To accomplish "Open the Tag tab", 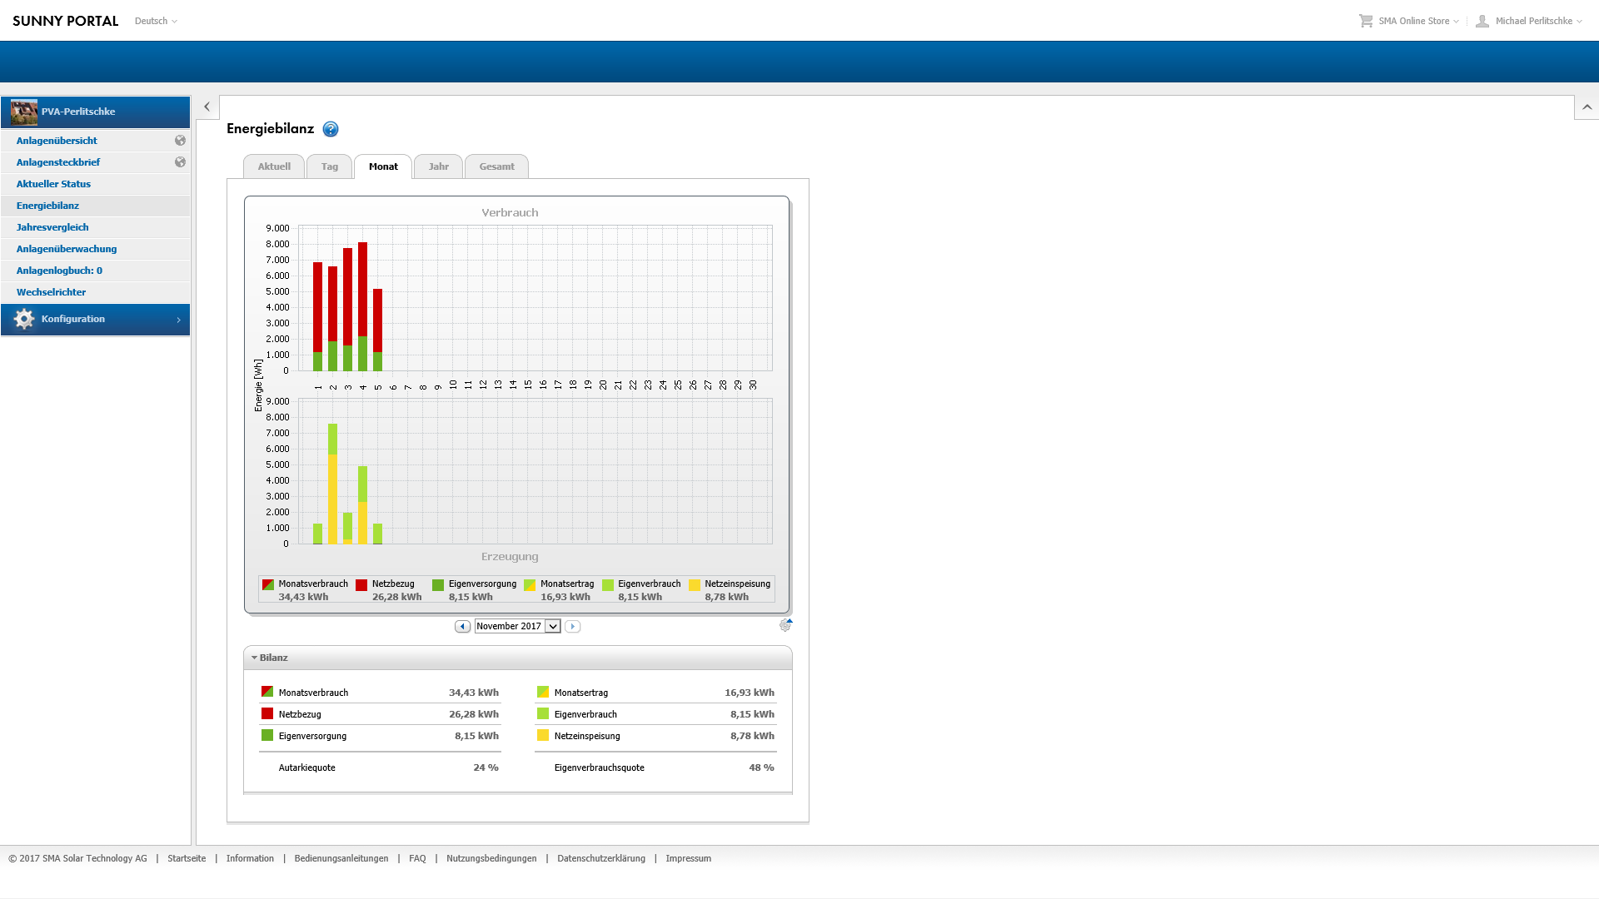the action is pos(330,166).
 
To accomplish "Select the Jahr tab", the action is pos(439,166).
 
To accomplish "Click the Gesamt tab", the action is pos(496,166).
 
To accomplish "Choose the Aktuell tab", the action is pos(274,166).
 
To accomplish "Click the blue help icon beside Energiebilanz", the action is pos(331,129).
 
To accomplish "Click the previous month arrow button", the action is pos(462,626).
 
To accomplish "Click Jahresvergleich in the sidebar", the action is pos(52,227).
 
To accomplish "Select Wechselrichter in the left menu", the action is pos(51,292).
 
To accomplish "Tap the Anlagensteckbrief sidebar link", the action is pos(58,162).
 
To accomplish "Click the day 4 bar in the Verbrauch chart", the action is pos(363,306).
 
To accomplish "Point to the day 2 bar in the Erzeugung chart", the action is pos(333,484).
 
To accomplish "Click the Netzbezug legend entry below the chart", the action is pos(388,590).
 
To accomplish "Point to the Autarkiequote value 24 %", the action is pos(486,767).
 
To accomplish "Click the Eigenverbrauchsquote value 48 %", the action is pos(761,767).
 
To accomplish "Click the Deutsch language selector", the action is pos(156,21).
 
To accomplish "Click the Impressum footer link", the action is pos(688,858).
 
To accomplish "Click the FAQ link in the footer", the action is pos(417,858).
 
